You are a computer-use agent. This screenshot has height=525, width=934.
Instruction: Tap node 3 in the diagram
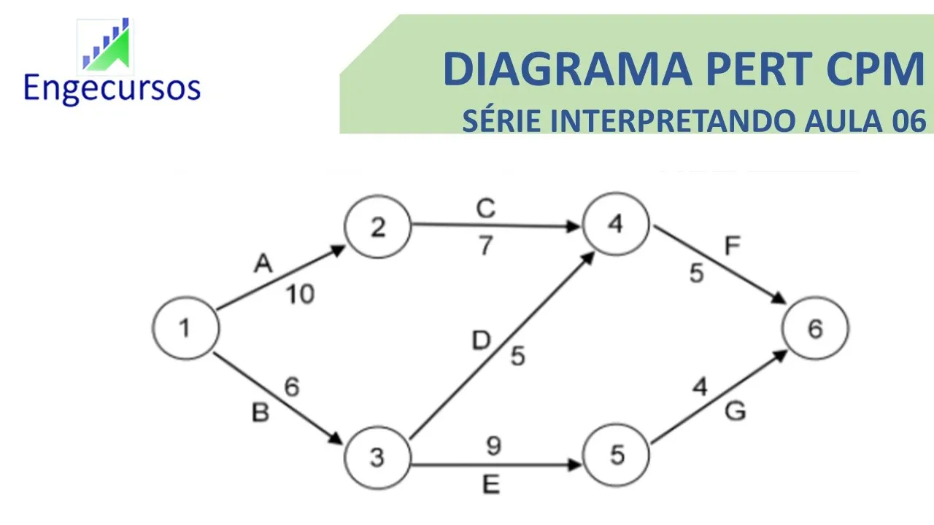pos(377,457)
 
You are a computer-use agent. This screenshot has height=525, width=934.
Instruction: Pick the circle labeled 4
pos(615,225)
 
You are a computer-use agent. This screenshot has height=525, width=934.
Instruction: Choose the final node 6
pos(815,330)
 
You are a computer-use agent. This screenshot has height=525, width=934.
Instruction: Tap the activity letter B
pos(260,413)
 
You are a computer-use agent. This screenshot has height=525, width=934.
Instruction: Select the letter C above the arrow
pos(486,209)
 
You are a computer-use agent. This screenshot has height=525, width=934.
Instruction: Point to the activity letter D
pos(481,341)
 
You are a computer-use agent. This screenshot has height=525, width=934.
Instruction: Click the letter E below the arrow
pos(492,485)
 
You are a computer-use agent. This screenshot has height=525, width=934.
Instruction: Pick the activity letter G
pos(735,412)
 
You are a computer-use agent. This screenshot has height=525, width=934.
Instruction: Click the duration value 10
pos(300,295)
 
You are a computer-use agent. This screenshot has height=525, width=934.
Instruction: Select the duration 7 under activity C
pos(486,246)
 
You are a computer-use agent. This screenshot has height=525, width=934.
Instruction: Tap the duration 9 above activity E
pos(493,446)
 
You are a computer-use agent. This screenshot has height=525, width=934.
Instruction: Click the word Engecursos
pos(112,87)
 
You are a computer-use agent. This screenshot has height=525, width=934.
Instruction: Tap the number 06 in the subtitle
pos(908,120)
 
